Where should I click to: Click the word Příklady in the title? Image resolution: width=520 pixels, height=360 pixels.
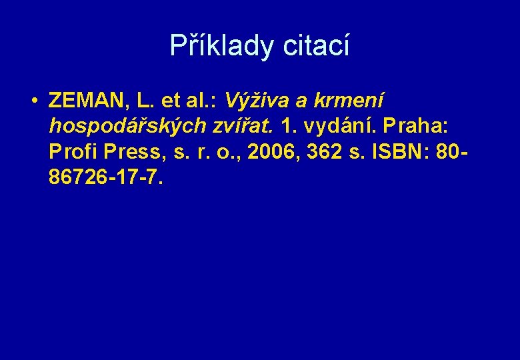[x=224, y=46]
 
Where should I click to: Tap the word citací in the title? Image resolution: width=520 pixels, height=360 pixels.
[x=317, y=46]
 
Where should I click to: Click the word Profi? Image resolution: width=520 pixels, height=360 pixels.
[x=71, y=151]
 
